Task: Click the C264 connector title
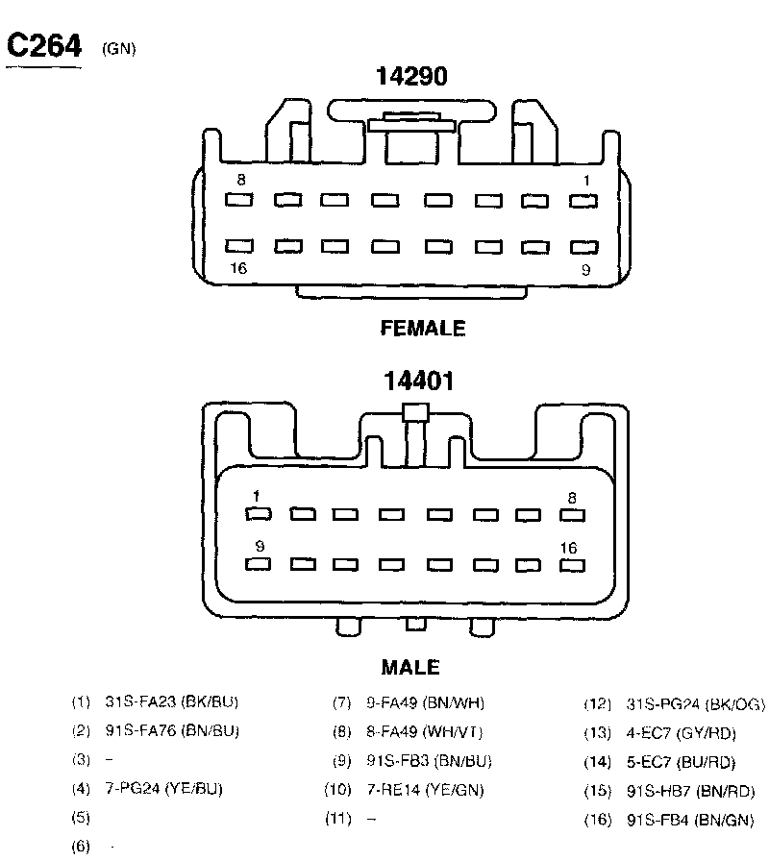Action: (x=43, y=46)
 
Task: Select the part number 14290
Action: (x=411, y=77)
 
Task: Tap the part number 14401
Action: (x=418, y=381)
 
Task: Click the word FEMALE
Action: (x=423, y=329)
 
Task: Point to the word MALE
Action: (x=410, y=667)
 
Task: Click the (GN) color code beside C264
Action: (x=117, y=50)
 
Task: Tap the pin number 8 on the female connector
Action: (x=240, y=180)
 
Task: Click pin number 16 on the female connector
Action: (x=238, y=268)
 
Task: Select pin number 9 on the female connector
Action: (x=585, y=270)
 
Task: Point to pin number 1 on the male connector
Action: (x=256, y=496)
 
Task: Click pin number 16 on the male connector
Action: (x=569, y=548)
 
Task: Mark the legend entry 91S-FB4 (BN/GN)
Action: (x=690, y=821)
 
